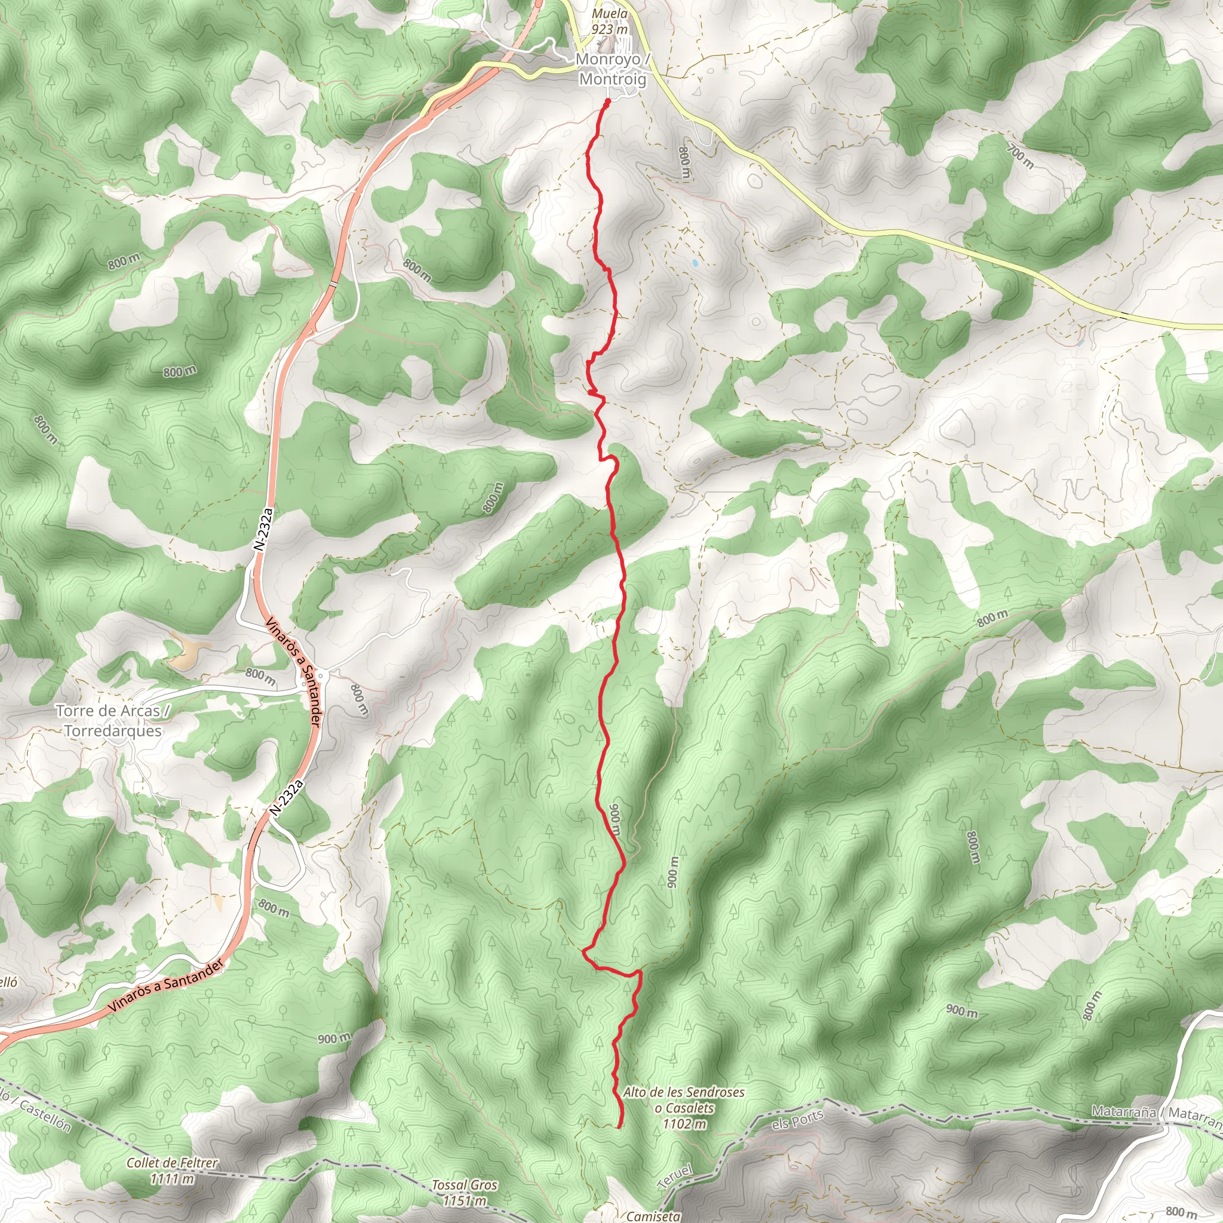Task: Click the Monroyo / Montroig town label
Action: click(x=612, y=70)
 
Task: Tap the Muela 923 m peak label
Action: click(x=610, y=21)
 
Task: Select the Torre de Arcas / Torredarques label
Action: click(x=112, y=720)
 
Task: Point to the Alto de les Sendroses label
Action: click(x=684, y=1092)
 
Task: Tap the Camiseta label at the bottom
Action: click(x=653, y=1215)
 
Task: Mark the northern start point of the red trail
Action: click(x=608, y=102)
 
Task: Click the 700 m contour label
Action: click(x=1020, y=156)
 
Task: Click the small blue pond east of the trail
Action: click(x=695, y=262)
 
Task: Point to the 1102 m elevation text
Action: click(x=685, y=1124)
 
